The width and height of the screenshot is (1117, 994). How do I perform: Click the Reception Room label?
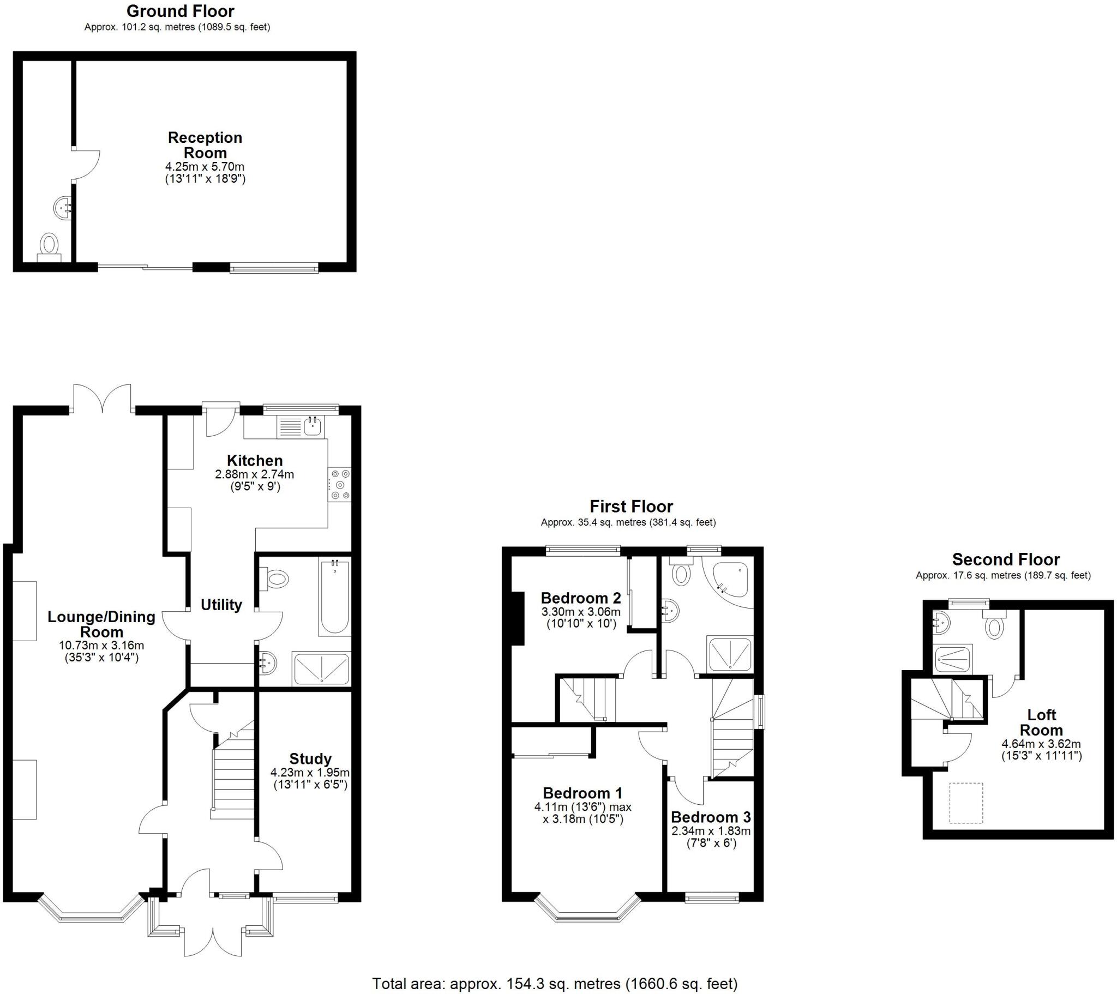click(x=205, y=145)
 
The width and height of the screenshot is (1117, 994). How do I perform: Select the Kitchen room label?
click(x=255, y=460)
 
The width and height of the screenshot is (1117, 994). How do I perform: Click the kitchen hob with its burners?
click(x=339, y=485)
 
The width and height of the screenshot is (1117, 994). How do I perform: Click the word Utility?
click(x=221, y=605)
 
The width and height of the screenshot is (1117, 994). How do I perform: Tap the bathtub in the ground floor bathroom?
click(x=334, y=597)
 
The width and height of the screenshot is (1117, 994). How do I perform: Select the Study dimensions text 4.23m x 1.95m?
click(x=310, y=773)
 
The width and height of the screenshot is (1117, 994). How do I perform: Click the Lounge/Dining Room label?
click(x=101, y=624)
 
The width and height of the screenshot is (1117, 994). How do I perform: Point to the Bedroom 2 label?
click(x=581, y=598)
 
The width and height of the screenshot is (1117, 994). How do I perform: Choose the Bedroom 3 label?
click(x=711, y=817)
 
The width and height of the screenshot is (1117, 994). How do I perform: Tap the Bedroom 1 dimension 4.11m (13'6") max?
click(x=583, y=807)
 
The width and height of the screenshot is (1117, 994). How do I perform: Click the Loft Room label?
click(x=1042, y=722)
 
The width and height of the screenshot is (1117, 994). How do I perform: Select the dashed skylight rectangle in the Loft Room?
click(x=966, y=803)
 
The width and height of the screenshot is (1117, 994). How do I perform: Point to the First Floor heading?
click(x=631, y=506)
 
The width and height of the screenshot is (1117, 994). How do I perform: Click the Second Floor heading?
click(x=1006, y=559)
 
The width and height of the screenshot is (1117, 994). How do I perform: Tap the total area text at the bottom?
click(x=555, y=984)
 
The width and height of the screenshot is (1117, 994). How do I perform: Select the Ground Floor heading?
click(x=181, y=11)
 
